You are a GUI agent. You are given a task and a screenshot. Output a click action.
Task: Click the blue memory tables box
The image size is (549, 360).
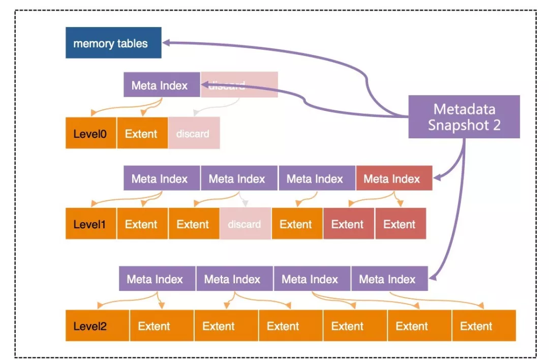coord(113,43)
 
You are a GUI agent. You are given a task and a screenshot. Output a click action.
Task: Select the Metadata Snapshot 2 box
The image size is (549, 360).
coord(464,116)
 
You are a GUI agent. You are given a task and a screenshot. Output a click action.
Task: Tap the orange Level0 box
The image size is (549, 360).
coord(90,133)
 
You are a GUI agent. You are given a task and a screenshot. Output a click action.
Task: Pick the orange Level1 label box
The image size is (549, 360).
coord(90,223)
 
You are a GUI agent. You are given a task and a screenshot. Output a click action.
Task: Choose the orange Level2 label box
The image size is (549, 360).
coord(97,325)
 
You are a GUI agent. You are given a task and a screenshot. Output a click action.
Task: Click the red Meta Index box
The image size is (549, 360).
coord(394,178)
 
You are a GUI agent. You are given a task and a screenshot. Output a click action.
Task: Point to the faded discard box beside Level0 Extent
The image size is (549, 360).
coord(194,133)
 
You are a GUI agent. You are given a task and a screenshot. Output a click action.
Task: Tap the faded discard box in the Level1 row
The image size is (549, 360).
coord(245,223)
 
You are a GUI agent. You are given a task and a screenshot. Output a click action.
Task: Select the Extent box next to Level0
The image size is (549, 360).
coord(142,133)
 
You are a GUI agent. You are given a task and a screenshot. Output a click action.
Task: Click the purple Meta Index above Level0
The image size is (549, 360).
coord(162,85)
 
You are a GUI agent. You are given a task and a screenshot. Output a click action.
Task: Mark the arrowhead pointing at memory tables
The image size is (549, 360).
coord(166,43)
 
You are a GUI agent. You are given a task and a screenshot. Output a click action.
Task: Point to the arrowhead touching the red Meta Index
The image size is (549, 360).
coord(437,177)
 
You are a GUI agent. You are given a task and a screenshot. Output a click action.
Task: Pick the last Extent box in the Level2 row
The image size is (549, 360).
coord(484,325)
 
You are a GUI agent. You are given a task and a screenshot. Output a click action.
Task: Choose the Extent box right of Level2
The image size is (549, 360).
coord(162,325)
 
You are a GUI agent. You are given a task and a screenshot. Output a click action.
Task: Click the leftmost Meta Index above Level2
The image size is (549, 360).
coord(157,279)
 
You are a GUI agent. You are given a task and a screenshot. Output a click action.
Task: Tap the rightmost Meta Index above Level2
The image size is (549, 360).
coord(389,279)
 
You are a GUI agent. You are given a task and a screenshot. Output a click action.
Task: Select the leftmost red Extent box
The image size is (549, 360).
coord(349,223)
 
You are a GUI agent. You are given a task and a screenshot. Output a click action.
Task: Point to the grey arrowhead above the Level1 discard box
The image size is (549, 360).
coord(245,203)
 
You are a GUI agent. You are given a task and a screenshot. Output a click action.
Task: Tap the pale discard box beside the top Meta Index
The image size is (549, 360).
coord(239,85)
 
